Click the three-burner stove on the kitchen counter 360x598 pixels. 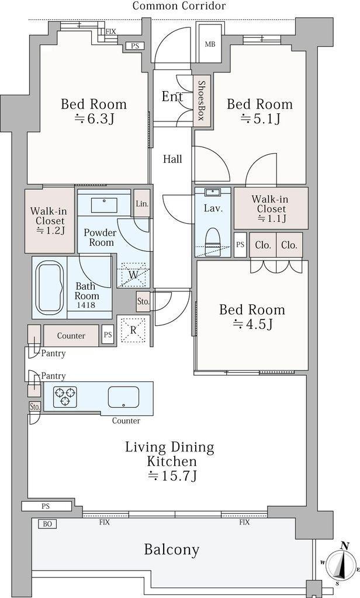(65, 397)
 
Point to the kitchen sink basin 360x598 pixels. (123, 397)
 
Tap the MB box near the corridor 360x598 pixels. (210, 44)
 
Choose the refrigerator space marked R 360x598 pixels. (133, 331)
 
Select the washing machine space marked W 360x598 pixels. (133, 275)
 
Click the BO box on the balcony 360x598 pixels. (47, 524)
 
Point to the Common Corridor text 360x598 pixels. (179, 6)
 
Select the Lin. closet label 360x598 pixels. (142, 204)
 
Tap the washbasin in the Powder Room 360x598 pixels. (104, 206)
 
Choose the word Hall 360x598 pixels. (172, 159)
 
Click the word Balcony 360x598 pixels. (172, 550)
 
